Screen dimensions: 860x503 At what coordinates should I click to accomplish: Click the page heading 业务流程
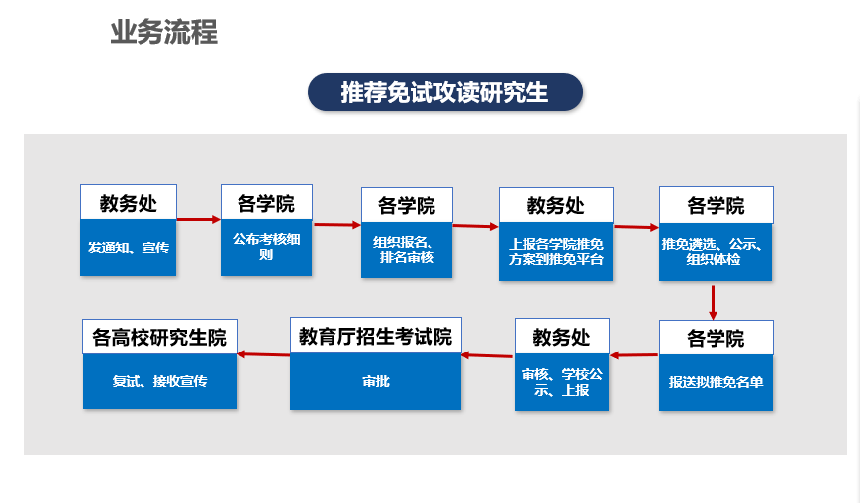tap(164, 32)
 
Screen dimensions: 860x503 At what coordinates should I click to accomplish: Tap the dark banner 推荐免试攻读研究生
tap(444, 92)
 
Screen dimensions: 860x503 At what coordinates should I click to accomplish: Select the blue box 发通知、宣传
tap(129, 248)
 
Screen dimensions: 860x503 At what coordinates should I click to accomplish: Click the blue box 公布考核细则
tap(266, 247)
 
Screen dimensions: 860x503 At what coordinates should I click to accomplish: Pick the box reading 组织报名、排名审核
tap(407, 251)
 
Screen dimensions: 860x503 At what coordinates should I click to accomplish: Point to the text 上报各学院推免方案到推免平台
tap(555, 251)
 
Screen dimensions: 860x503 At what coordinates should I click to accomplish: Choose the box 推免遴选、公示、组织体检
tap(716, 251)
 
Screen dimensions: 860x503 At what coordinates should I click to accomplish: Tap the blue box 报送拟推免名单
tap(716, 382)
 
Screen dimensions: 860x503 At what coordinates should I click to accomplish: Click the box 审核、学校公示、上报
tap(562, 382)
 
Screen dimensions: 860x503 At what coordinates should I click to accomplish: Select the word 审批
tap(376, 381)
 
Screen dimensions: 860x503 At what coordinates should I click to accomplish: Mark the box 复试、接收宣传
tap(159, 380)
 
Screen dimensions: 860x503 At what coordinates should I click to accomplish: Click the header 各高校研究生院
tap(159, 337)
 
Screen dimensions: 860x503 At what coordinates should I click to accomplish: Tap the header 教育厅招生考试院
tap(376, 336)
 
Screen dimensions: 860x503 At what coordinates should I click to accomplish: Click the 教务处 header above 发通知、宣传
tap(129, 202)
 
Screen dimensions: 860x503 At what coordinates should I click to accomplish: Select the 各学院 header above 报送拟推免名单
tap(716, 338)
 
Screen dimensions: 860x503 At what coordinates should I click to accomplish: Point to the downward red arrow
tap(713, 302)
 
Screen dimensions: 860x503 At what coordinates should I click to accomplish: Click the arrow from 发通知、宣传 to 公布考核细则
tap(199, 220)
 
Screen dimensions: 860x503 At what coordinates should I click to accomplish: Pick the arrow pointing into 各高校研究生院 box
tap(263, 354)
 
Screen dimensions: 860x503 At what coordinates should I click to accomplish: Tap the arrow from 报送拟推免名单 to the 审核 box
tap(633, 355)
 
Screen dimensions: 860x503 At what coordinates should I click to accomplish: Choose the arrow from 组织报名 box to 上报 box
tap(475, 226)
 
